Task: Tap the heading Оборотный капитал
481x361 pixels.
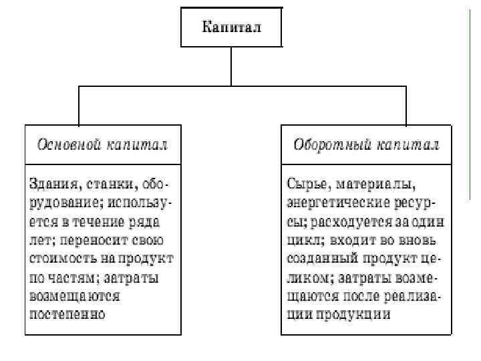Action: tap(366, 144)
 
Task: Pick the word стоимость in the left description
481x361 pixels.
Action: tap(61, 257)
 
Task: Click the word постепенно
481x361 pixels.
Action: tap(67, 313)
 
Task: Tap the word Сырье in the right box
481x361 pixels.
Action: tap(305, 183)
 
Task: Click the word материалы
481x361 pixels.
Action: tap(373, 183)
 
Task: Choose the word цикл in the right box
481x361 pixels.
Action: tap(305, 239)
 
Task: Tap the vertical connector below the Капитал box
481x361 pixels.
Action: tap(231, 66)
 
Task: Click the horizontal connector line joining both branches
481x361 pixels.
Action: tap(231, 86)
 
